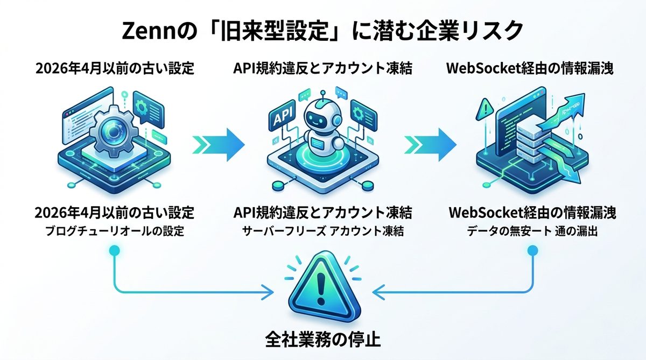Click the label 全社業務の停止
tap(323, 341)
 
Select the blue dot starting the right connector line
tap(532, 251)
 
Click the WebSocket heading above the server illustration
tap(532, 69)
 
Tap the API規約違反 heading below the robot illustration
tap(323, 213)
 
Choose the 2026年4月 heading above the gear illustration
tap(114, 69)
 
